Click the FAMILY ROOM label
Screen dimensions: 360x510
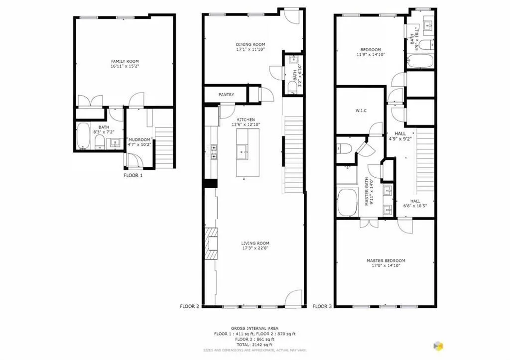point(125,61)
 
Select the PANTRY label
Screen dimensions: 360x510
point(226,95)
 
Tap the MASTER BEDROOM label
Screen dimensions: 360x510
point(385,260)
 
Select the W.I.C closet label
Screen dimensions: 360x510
point(361,111)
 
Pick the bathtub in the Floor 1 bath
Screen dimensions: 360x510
point(83,136)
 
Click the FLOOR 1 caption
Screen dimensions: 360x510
point(133,175)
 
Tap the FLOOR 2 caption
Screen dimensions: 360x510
point(189,307)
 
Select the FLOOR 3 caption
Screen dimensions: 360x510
point(322,307)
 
